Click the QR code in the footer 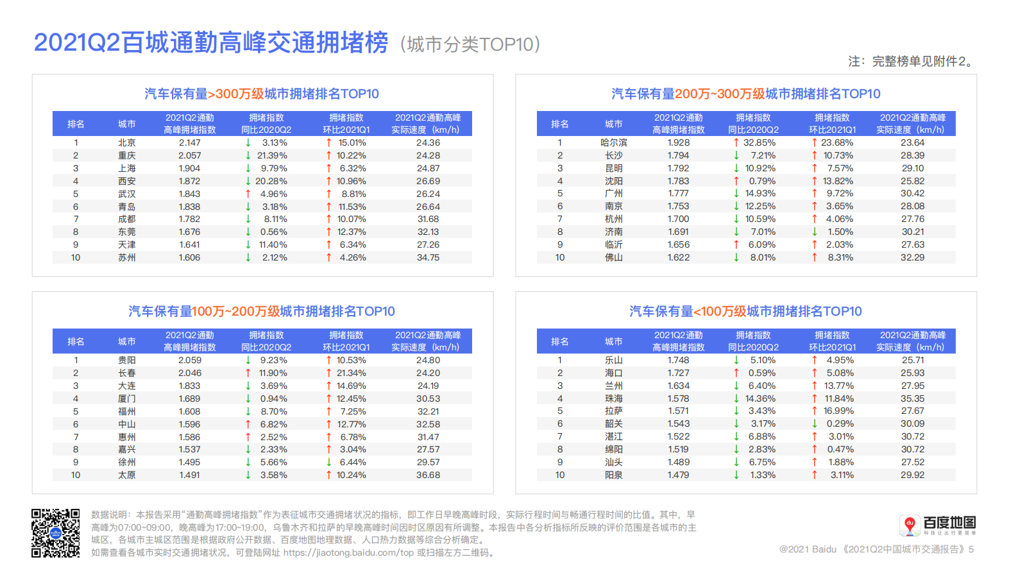coord(56,533)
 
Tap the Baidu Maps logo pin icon coord(909,525)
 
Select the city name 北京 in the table coord(127,143)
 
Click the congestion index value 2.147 coord(190,143)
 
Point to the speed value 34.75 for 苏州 coord(428,258)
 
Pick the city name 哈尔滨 coord(614,143)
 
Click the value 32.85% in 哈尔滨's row coord(759,143)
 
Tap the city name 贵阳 coord(127,361)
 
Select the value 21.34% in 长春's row coord(352,373)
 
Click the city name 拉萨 coord(614,411)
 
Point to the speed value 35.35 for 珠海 coord(913,398)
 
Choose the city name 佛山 coord(614,258)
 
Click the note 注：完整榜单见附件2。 coord(912,62)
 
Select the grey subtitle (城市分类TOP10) coord(470,44)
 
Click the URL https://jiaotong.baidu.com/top coord(348,553)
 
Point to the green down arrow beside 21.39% coord(248,156)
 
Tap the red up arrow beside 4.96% coord(248,194)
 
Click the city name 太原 coord(127,475)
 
